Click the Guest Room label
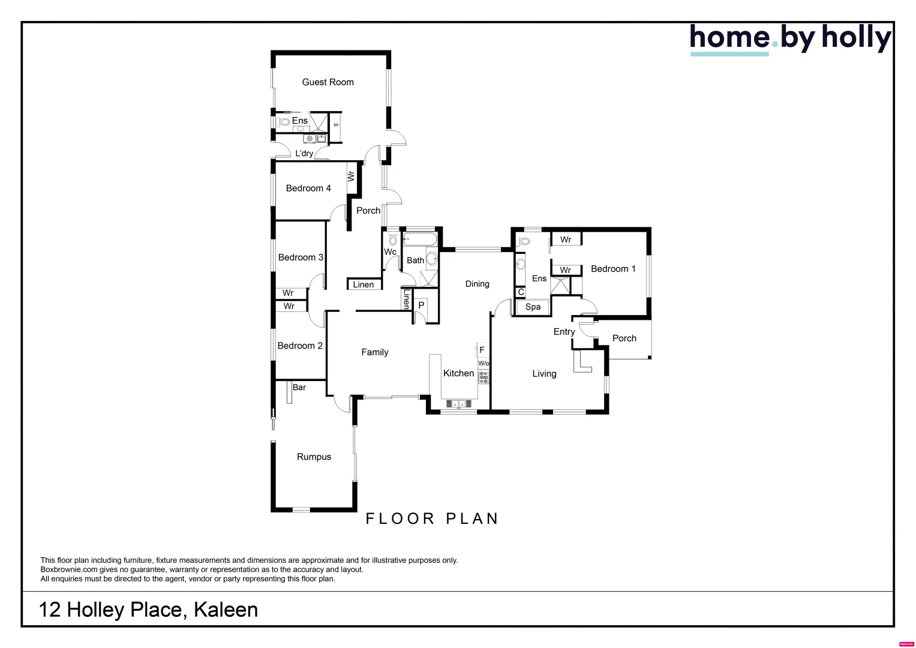tap(328, 82)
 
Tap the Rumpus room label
tap(314, 457)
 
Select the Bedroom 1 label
tap(612, 269)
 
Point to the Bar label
tap(299, 388)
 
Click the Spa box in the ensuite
tap(533, 307)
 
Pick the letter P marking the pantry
tap(421, 305)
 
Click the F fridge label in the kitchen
tap(482, 350)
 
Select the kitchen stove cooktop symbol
tap(483, 377)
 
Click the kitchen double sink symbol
tap(458, 404)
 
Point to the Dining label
tap(477, 284)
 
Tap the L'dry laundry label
tap(304, 154)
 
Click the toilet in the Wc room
tap(392, 240)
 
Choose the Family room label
tap(374, 352)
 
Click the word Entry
tap(564, 332)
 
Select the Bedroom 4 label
tap(308, 188)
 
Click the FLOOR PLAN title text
tap(432, 519)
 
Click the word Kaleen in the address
tap(226, 610)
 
